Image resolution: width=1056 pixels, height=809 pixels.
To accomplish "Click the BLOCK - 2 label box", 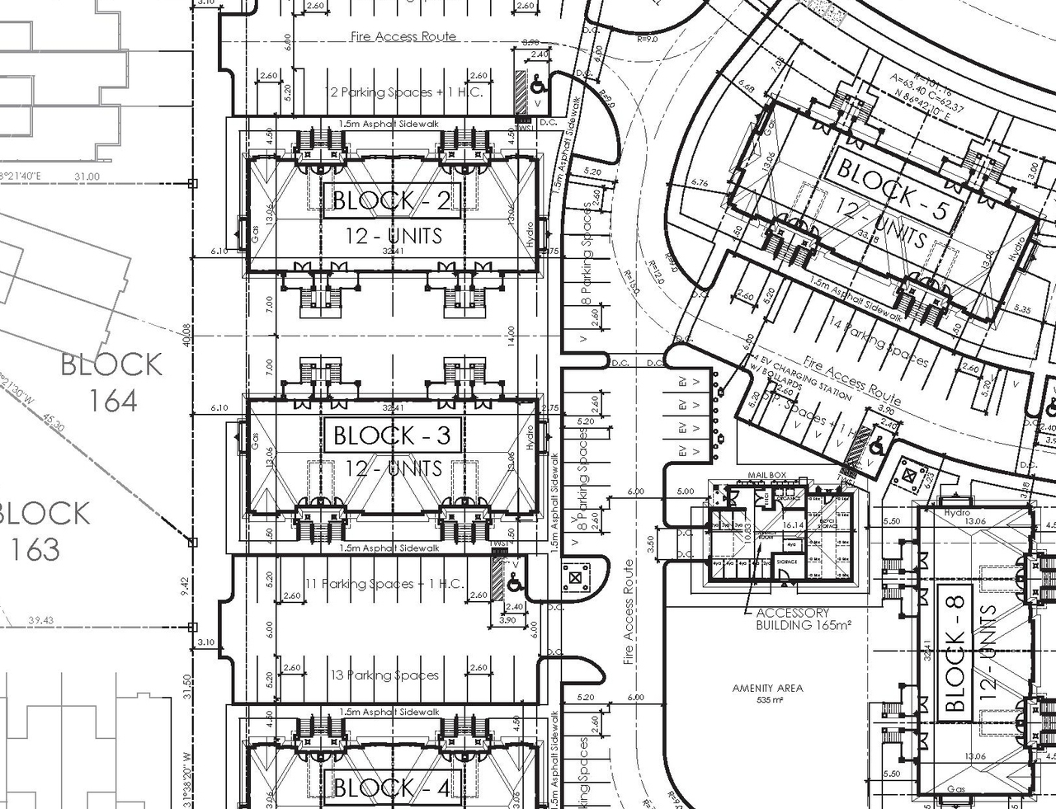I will [392, 200].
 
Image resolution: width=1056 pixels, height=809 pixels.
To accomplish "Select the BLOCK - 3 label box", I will [392, 435].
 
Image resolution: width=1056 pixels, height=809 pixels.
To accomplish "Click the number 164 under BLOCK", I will [113, 401].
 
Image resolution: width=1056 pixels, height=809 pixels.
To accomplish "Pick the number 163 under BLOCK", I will [35, 549].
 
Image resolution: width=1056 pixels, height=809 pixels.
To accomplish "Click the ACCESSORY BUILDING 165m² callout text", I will [792, 619].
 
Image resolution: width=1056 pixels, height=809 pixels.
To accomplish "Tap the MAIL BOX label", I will [766, 476].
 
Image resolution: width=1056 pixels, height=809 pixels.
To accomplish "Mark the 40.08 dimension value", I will [186, 335].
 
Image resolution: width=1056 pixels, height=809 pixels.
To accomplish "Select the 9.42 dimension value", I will [186, 585].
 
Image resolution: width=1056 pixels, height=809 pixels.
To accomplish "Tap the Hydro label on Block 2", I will [529, 234].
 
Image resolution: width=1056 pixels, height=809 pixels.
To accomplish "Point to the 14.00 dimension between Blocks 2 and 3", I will [511, 335].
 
